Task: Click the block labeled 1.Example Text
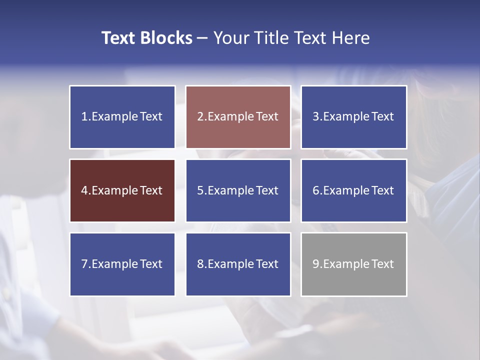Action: pos(122,117)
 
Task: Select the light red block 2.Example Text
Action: pos(238,117)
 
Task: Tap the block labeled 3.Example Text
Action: pos(353,117)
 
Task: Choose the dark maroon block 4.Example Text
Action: pos(122,190)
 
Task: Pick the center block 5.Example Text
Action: pos(238,190)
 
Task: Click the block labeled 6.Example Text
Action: pos(353,190)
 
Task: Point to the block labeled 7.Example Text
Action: pos(122,264)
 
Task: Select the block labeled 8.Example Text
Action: pos(238,264)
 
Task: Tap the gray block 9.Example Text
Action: pos(353,264)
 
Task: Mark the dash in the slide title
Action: pos(202,38)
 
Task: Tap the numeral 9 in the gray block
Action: pos(316,264)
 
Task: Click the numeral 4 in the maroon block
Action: pos(84,190)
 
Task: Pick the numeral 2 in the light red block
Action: pos(200,117)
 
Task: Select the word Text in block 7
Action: pos(151,264)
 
